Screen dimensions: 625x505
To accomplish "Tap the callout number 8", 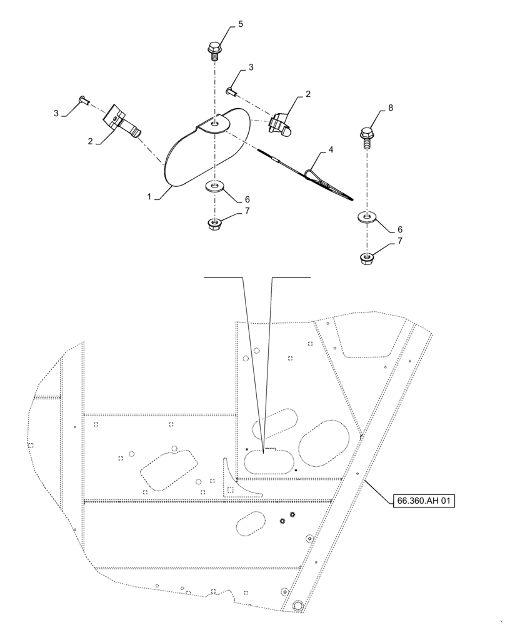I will (x=391, y=107).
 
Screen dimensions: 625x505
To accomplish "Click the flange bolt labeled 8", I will (x=367, y=136).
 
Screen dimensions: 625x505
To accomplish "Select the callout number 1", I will (x=149, y=196).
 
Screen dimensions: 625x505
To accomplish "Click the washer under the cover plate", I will (x=215, y=186).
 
